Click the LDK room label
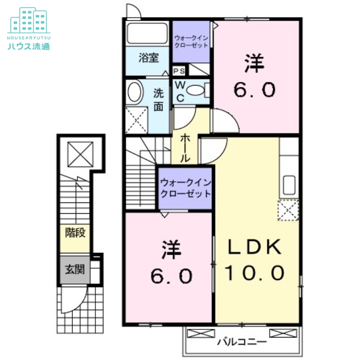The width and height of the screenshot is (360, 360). pos(255,247)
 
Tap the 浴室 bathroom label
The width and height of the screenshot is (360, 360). pos(148,58)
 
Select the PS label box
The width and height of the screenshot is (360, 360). pos(179,71)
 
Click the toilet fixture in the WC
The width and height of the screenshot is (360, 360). pos(195,90)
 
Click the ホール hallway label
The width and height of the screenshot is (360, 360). pos(185,148)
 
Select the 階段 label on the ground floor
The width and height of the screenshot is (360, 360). pos(75,233)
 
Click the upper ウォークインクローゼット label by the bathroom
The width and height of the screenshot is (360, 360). pos(191,41)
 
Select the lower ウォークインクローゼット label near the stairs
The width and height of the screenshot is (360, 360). pos(185,189)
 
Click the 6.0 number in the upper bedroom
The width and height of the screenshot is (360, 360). pos(254,90)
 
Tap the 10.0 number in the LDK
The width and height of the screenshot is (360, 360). pos(254,272)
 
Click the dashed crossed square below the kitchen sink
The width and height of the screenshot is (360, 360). pos(288,210)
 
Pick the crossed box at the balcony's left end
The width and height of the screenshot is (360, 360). pos(201,333)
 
